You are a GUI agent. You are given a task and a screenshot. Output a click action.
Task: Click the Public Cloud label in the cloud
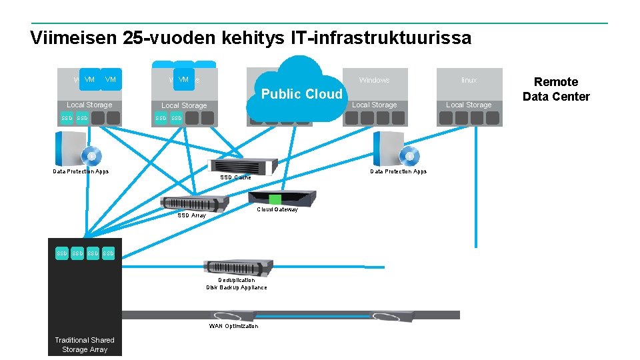(x=302, y=94)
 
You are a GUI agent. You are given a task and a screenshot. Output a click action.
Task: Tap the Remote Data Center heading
(x=556, y=89)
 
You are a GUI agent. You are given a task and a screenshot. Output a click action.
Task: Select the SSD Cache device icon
(x=243, y=167)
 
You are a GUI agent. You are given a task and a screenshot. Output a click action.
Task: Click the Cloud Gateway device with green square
(x=282, y=199)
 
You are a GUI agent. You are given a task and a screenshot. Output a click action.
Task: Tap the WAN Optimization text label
(x=233, y=326)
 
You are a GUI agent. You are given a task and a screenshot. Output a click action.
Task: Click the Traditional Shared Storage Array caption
(x=85, y=345)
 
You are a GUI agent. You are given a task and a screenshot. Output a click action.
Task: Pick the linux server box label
(x=469, y=80)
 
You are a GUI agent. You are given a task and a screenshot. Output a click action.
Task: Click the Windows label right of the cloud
(x=374, y=80)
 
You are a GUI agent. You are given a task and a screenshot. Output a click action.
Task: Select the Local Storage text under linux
(x=469, y=105)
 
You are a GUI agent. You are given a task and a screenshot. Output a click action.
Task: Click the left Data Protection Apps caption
(x=81, y=171)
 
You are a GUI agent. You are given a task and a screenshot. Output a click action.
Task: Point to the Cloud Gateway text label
(x=277, y=209)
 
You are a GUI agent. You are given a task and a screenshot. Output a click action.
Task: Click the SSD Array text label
(x=192, y=215)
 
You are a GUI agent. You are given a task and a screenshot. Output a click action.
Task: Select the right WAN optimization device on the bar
(x=392, y=315)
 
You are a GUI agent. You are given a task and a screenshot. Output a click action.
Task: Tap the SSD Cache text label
(x=236, y=177)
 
